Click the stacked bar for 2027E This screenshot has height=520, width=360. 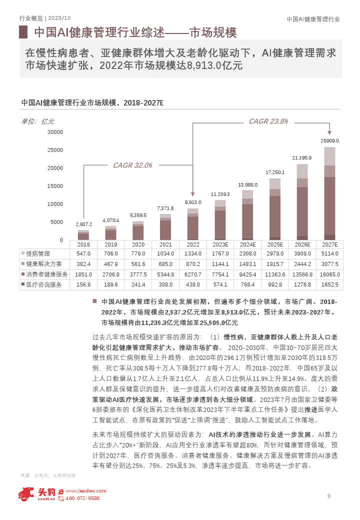(329, 193)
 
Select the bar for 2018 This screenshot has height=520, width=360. (83, 235)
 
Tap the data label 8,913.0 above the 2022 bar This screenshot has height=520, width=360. (193, 202)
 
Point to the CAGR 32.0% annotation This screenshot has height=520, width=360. (132, 165)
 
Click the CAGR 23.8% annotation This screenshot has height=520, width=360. (268, 121)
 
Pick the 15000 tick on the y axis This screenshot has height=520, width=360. (55, 186)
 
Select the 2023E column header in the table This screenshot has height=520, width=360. (220, 244)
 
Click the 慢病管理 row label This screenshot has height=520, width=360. (38, 253)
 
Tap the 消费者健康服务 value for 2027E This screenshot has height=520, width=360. (330, 274)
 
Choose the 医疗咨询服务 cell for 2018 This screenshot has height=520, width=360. (83, 284)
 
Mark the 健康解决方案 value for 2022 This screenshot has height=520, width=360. (193, 264)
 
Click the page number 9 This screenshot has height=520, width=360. (329, 496)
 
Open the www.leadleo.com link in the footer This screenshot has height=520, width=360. (86, 491)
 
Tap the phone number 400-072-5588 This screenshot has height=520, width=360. (82, 498)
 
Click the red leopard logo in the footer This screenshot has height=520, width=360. (26, 494)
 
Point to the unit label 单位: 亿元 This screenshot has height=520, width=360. (38, 121)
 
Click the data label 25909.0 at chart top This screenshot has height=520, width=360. (329, 140)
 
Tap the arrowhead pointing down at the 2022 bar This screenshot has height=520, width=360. (192, 194)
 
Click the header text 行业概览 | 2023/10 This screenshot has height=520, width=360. (45, 18)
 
